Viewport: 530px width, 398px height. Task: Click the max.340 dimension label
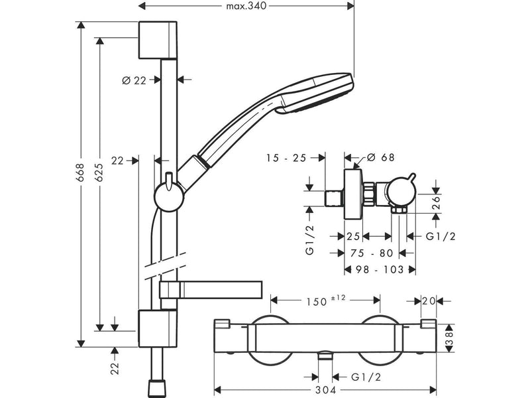pos(246,6)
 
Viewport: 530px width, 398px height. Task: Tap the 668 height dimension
pos(80,172)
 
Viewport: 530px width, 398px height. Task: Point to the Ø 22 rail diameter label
pos(134,80)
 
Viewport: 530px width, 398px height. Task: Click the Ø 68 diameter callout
pos(380,157)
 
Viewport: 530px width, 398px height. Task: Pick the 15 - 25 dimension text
pos(286,158)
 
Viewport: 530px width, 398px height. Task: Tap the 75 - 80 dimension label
pos(372,253)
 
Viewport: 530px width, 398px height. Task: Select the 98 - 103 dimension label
pos(380,269)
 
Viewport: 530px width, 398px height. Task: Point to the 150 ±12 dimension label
pos(326,300)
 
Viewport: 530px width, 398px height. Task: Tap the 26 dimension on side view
pos(437,203)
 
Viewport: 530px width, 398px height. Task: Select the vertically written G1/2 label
pos(309,240)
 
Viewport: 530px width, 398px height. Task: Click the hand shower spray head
pos(316,93)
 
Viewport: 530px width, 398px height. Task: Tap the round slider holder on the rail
pos(169,196)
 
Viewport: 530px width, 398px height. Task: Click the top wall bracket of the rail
pos(158,40)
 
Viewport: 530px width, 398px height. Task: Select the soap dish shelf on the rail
pos(211,290)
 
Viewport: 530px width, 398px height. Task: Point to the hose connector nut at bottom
pos(158,389)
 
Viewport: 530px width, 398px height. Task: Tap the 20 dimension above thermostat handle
pos(429,300)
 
